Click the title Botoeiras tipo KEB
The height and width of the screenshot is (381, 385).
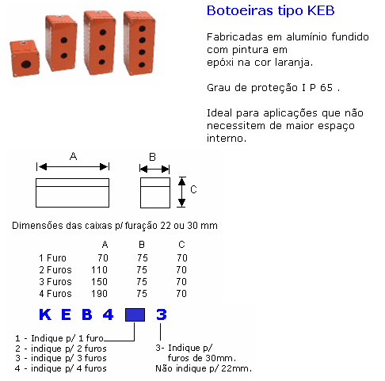coord(270,10)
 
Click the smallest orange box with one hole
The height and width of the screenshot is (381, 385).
coord(25,59)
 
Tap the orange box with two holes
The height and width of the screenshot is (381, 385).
coord(61,44)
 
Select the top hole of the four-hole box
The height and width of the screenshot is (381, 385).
coord(142,29)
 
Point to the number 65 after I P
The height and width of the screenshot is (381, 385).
coord(326,88)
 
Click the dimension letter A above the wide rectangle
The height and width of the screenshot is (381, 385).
coord(73,156)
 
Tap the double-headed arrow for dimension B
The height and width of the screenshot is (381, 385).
coord(154,169)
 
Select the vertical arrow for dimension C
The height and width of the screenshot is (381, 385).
coord(181,192)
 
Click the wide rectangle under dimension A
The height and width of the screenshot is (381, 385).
coord(72,192)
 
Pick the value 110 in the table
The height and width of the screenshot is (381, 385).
coord(99,270)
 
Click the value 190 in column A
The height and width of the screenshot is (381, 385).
coord(99,294)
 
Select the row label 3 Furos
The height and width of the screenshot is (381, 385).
coord(55,282)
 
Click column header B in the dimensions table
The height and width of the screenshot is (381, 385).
coord(142,245)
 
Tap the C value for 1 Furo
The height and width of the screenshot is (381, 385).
coord(182,258)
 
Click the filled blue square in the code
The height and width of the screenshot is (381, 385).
coord(135,314)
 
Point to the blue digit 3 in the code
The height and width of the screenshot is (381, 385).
coord(162,314)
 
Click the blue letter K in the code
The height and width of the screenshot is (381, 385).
coord(45,314)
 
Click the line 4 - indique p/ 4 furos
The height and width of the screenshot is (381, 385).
coord(61,368)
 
